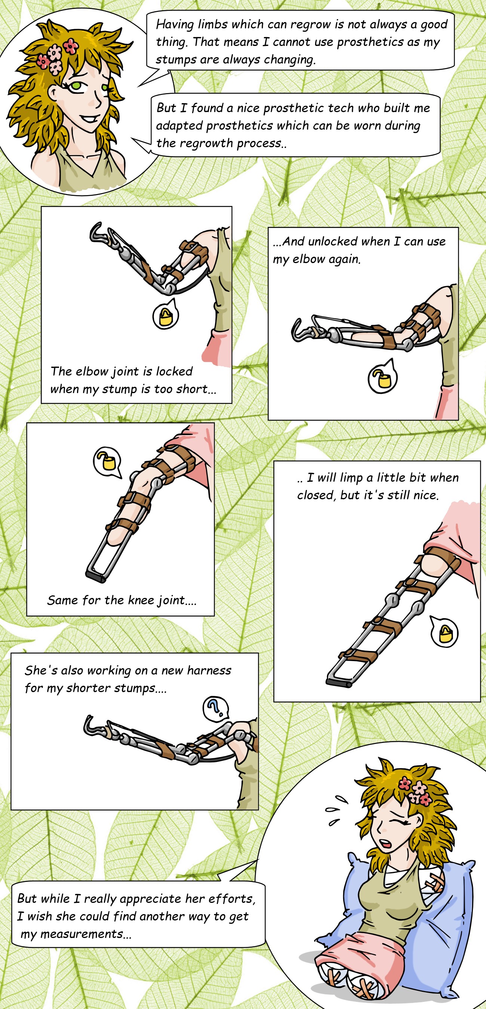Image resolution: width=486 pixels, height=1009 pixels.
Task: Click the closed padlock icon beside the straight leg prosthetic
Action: coord(445,633)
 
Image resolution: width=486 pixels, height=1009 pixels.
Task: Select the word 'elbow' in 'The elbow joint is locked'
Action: coord(92,371)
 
